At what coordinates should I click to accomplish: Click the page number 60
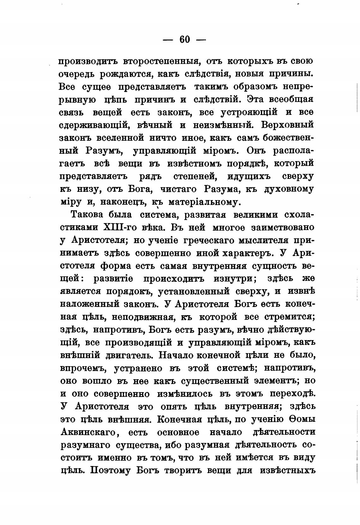coord(185,39)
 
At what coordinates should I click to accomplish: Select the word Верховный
coord(288,125)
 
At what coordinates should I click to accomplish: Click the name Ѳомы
coord(301,419)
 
